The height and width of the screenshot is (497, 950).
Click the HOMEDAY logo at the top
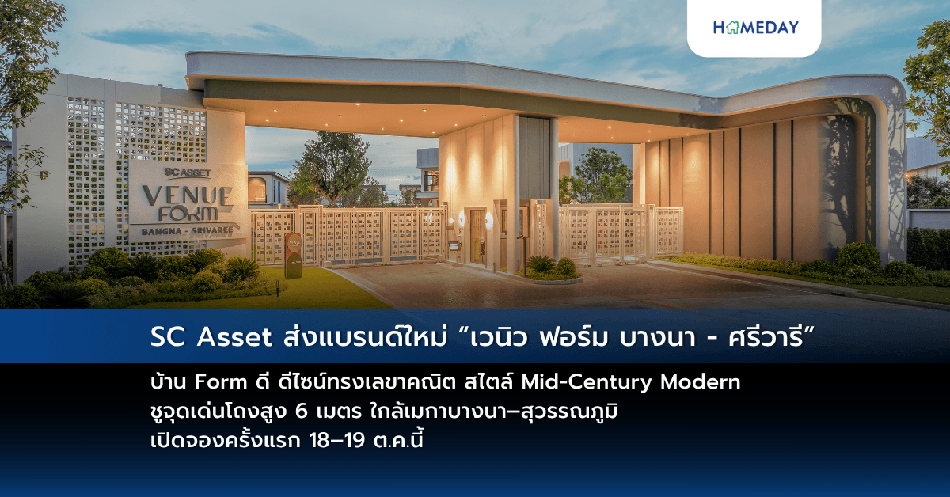(x=755, y=28)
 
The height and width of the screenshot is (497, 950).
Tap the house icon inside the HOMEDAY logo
(x=732, y=28)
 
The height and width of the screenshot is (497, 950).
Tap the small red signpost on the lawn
(x=292, y=255)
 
